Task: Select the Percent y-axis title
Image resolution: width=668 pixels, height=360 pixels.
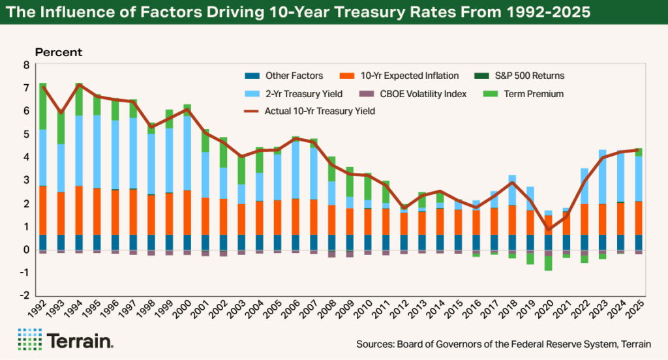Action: [x=59, y=52]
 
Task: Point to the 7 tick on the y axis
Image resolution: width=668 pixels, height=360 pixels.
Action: [x=27, y=88]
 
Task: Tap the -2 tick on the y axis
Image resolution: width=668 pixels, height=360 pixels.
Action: [x=25, y=295]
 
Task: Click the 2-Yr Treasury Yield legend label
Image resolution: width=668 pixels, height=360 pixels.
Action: [x=302, y=94]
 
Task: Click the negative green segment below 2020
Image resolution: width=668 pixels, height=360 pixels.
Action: [x=549, y=263]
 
